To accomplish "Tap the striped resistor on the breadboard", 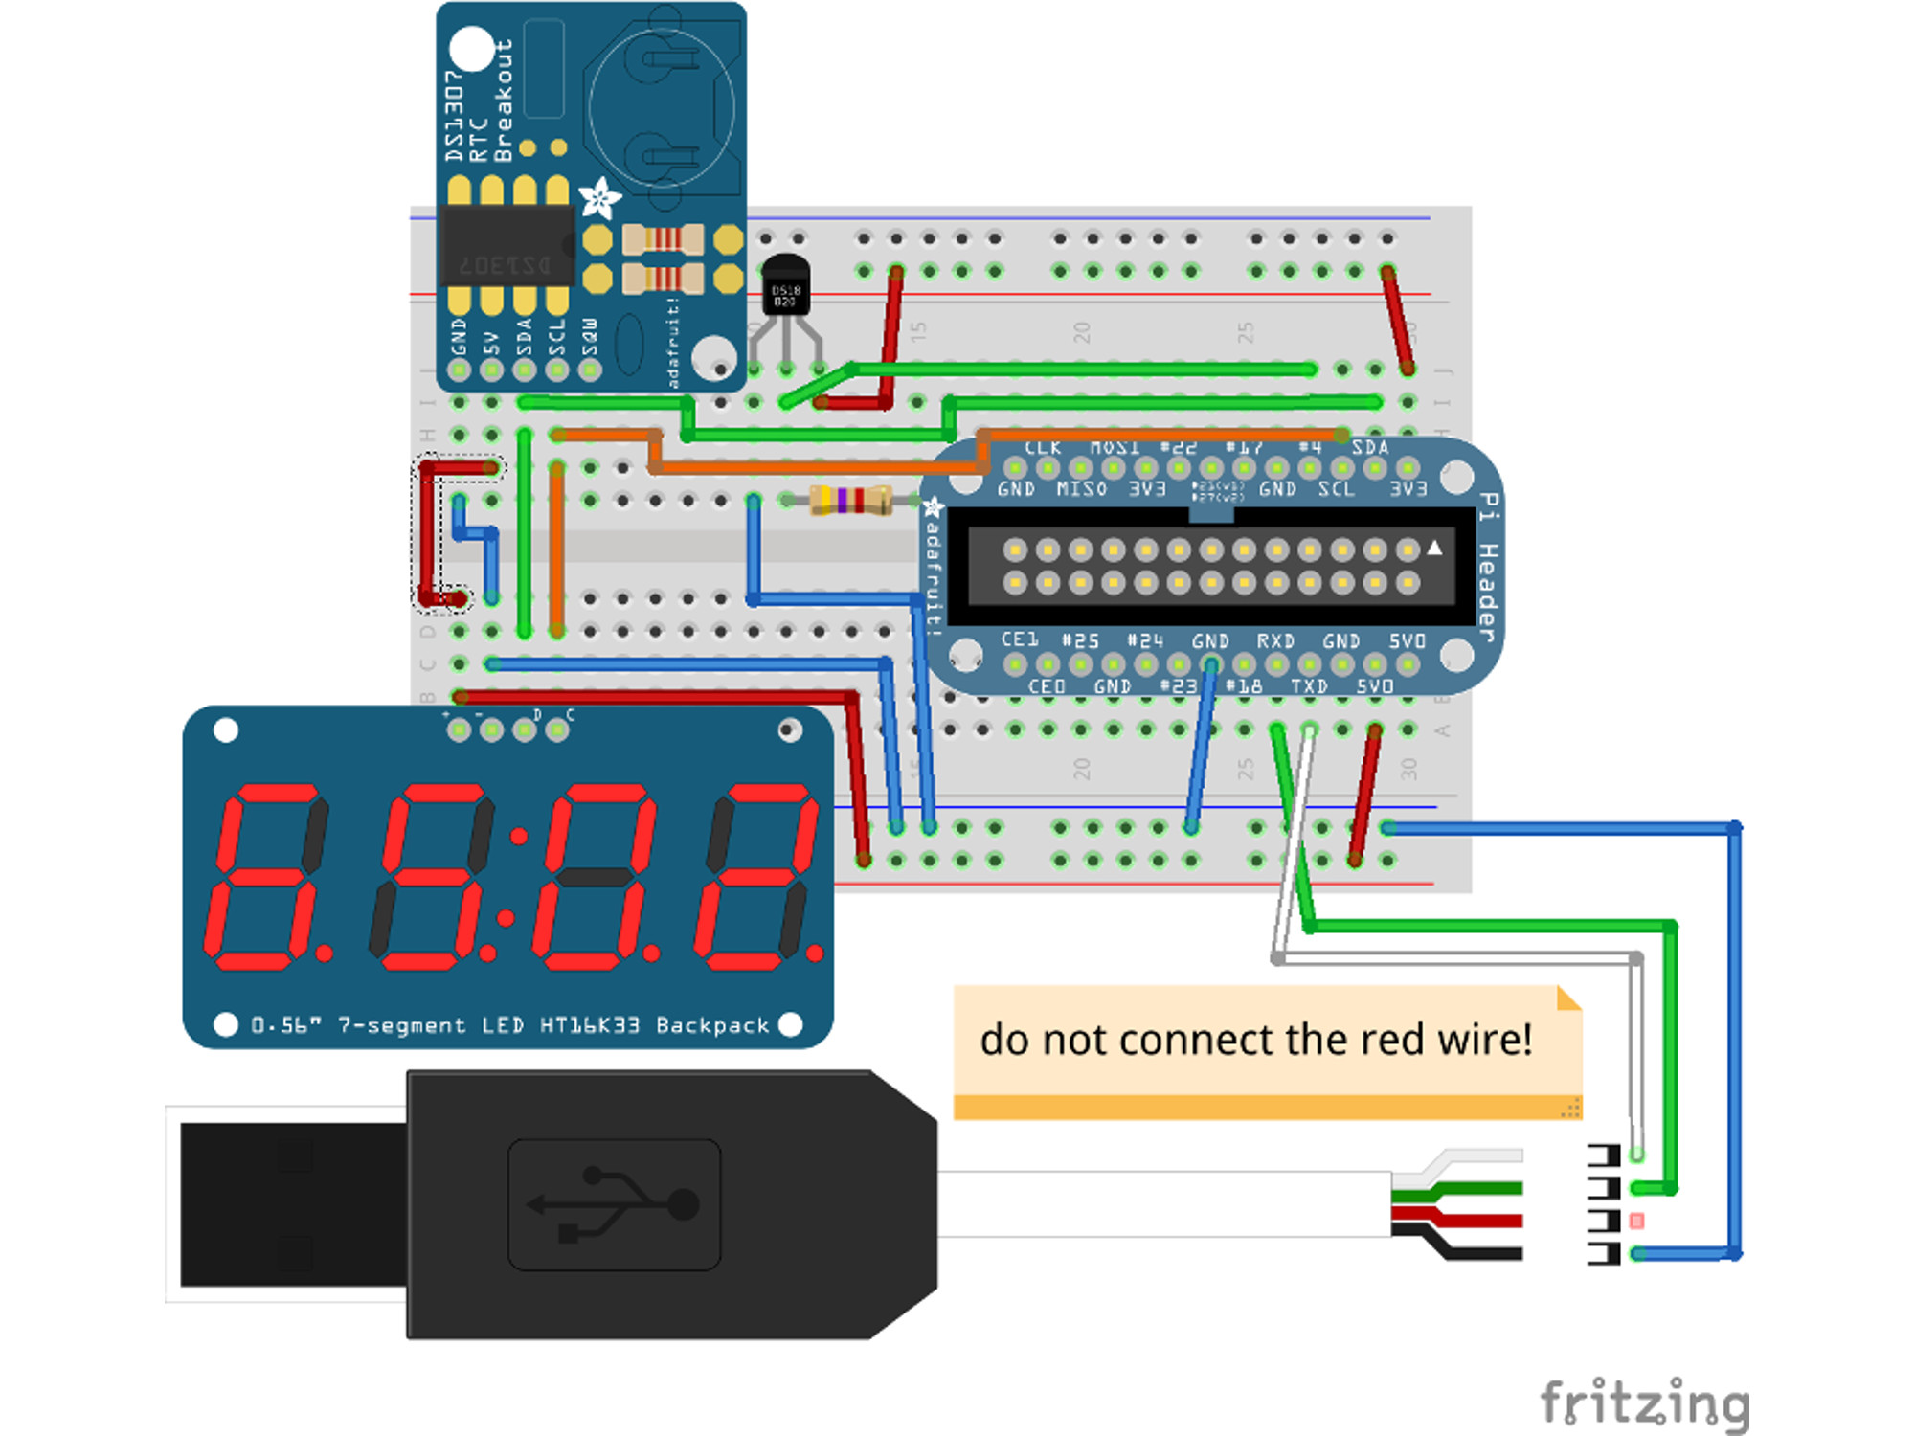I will (x=850, y=500).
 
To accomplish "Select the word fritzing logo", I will (x=1645, y=1403).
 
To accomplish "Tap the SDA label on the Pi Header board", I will (x=1369, y=447).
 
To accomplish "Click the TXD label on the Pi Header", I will (x=1308, y=686).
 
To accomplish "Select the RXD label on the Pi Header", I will (x=1275, y=640).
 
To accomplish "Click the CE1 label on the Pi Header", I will (x=1019, y=639).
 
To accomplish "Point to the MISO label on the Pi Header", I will (x=1081, y=489).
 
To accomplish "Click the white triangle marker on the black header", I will (x=1434, y=548).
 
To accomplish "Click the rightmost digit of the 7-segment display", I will (x=756, y=876).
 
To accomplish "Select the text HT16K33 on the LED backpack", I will (x=589, y=1025).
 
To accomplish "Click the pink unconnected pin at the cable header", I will (x=1636, y=1221).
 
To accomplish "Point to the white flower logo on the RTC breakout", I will (x=600, y=198).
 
